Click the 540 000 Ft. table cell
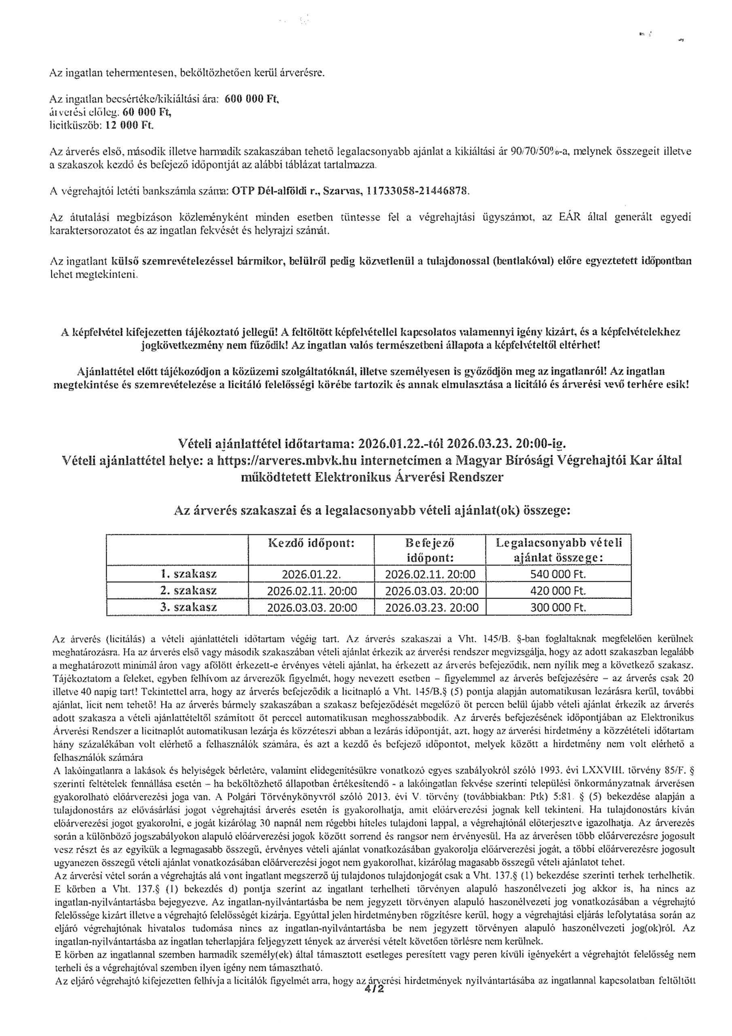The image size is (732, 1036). pyautogui.click(x=558, y=575)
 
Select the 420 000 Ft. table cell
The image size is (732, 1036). pyautogui.click(x=558, y=591)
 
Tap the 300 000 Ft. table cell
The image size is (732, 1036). pyautogui.click(x=558, y=607)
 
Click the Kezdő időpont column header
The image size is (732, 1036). pyautogui.click(x=311, y=543)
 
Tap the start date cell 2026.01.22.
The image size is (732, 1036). pyautogui.click(x=311, y=575)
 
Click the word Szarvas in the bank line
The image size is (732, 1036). pyautogui.click(x=345, y=191)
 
